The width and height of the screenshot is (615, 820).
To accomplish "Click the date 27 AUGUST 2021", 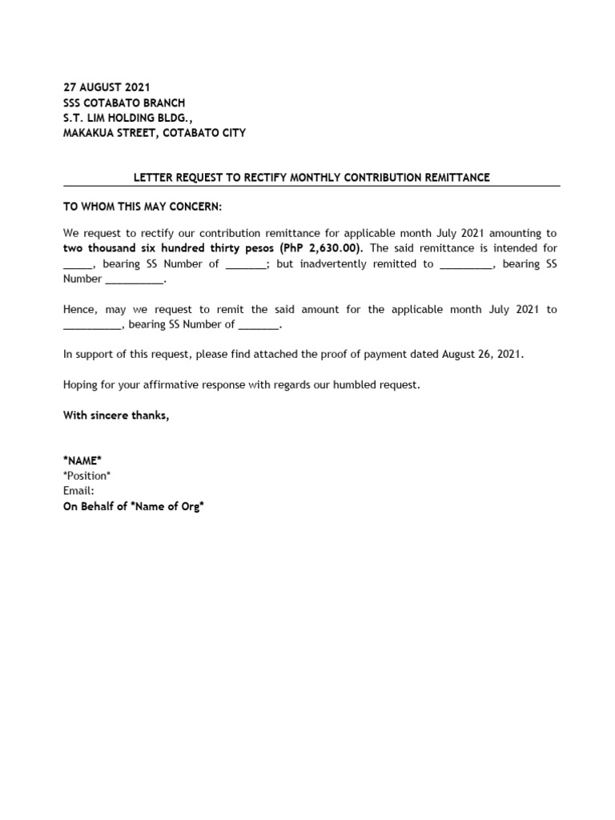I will click(x=107, y=86).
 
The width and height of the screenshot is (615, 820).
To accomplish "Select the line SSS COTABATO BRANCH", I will click(x=124, y=102).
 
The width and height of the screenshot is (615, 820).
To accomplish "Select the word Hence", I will click(x=80, y=309).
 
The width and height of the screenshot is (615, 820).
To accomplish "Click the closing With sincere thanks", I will click(x=117, y=415).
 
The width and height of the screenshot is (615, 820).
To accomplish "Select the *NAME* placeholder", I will click(x=82, y=460).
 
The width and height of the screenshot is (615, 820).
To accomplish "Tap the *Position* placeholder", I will click(x=87, y=476).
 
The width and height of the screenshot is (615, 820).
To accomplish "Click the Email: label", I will click(x=78, y=491).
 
